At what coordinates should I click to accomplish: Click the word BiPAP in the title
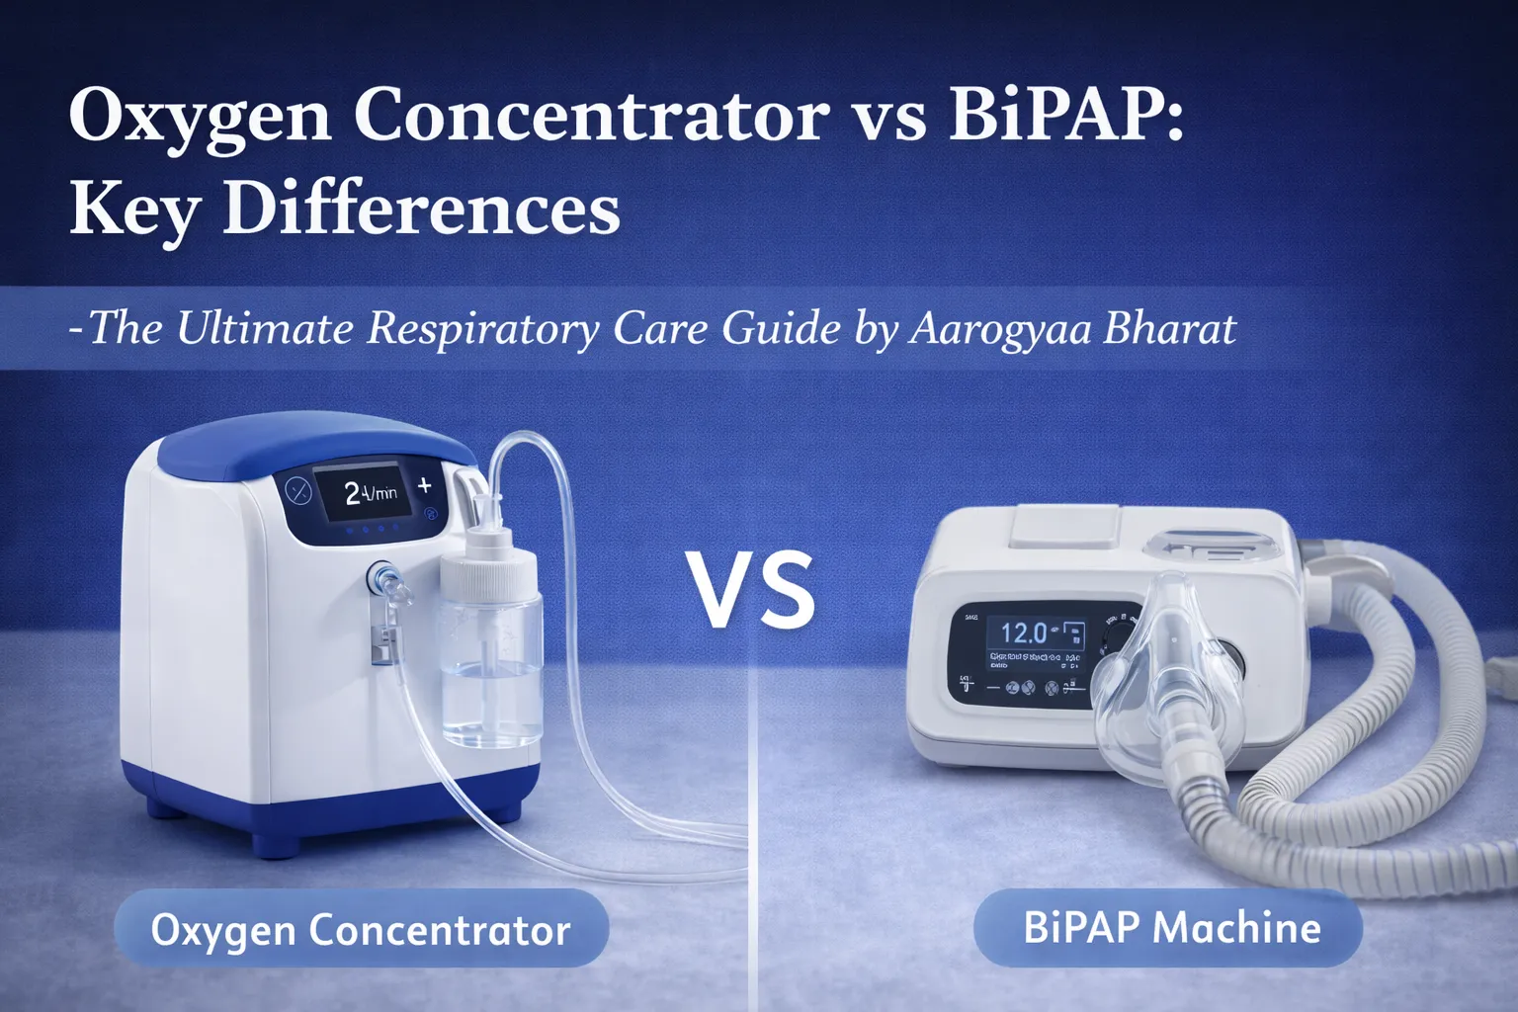coord(1063,115)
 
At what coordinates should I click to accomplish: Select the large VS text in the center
coord(752,590)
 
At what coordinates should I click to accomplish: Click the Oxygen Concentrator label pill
coord(361,929)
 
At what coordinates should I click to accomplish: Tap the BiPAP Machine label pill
coord(1170,927)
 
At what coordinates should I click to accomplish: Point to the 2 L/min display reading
coord(370,492)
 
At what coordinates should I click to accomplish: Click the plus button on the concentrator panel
coord(425,485)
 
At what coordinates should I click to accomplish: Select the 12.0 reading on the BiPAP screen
coord(1023,632)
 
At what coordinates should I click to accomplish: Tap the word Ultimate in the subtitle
coord(264,328)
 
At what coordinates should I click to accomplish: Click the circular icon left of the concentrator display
coord(297,490)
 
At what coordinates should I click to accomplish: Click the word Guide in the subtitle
coord(781,328)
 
